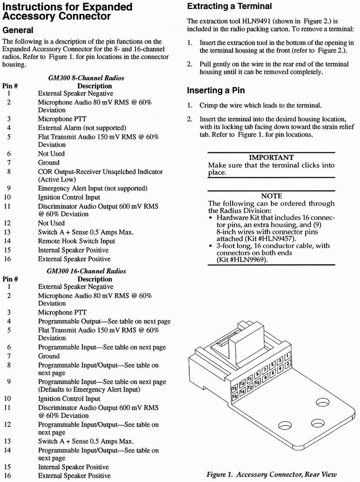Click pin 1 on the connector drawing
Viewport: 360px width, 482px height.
coord(288,356)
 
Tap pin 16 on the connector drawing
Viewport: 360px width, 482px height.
coord(235,397)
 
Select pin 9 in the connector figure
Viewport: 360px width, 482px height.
coord(257,373)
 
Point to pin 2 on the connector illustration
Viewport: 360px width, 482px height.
coord(288,364)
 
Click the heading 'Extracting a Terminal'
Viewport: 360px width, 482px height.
coord(229,6)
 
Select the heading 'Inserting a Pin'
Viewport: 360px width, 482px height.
coord(216,90)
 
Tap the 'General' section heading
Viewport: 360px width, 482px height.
coord(18,30)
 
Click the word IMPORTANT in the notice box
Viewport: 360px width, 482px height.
coord(271,158)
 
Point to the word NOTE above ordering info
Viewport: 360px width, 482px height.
coord(271,196)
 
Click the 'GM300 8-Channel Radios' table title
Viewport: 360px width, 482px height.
coord(86,78)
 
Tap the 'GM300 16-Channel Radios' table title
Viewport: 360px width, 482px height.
coord(86,271)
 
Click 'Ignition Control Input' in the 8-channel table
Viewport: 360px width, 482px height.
coord(69,197)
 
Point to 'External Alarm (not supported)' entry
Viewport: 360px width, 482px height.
coord(82,128)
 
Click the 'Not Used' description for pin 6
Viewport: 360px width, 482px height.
coord(51,154)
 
